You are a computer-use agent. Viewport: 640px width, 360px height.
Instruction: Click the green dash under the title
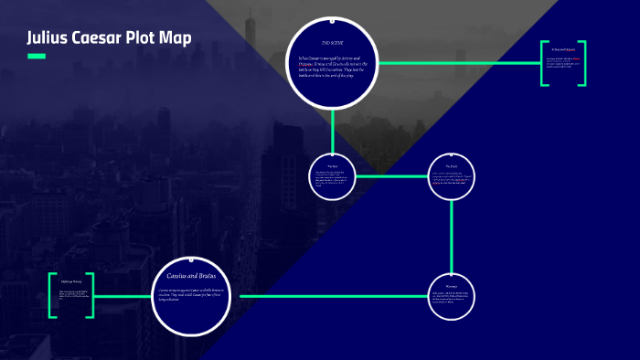tap(37, 57)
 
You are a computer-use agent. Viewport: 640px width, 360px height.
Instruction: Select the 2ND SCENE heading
tap(332, 43)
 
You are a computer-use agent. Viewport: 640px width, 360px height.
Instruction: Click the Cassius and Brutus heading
tap(192, 274)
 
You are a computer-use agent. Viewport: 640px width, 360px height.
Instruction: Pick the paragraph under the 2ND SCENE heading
tap(332, 67)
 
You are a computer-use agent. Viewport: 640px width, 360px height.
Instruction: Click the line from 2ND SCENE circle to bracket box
tap(457, 63)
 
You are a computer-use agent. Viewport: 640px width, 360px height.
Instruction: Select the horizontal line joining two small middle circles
tap(391, 175)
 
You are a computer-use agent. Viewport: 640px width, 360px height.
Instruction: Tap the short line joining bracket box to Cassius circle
tap(123, 296)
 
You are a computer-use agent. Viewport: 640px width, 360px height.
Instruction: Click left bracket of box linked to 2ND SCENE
tap(543, 64)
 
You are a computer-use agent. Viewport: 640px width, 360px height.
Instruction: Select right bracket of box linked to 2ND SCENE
tap(582, 64)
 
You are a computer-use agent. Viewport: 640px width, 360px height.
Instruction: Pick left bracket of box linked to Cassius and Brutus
tap(52, 295)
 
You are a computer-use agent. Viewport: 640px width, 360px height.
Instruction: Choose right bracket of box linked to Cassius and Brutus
tap(91, 295)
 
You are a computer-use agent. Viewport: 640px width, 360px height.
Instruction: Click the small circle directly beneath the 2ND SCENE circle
tap(333, 176)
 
